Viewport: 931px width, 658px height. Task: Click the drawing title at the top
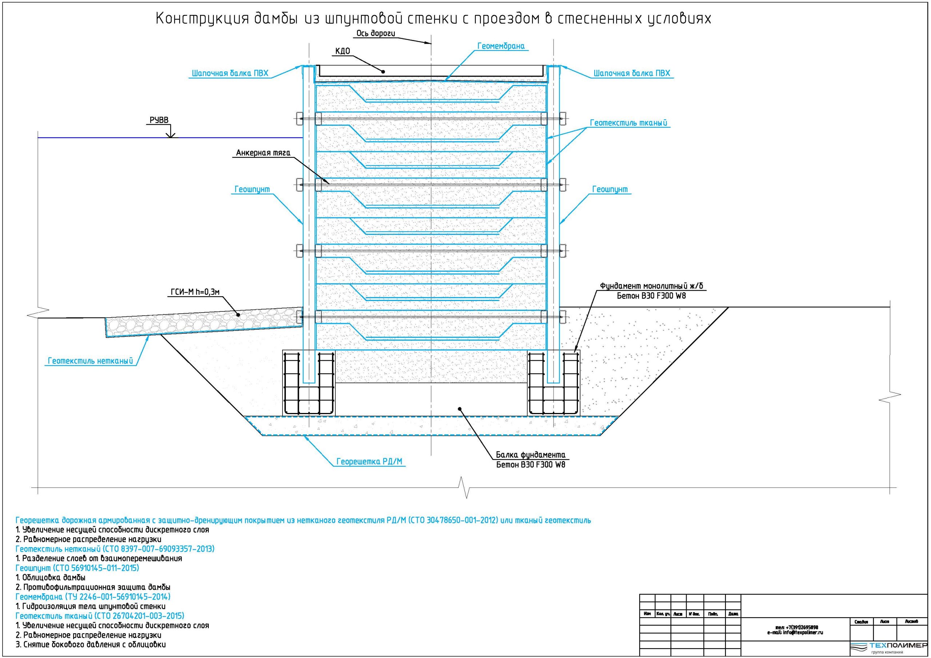433,19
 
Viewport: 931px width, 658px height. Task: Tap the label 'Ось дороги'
375,33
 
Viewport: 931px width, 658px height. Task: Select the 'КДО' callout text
343,51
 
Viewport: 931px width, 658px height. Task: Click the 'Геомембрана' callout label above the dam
500,46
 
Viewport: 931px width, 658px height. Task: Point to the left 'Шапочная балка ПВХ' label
230,73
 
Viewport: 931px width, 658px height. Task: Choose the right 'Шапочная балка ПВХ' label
632,73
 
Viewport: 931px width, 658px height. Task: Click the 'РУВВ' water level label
159,120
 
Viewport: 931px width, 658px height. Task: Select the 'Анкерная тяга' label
263,153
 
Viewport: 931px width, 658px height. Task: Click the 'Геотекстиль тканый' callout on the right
628,123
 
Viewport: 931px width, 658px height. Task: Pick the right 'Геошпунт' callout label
610,189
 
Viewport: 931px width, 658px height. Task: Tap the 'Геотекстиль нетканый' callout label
91,361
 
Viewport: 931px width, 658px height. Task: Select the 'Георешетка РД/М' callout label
371,461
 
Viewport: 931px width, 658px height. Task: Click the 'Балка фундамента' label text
530,454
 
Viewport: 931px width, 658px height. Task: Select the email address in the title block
795,633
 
